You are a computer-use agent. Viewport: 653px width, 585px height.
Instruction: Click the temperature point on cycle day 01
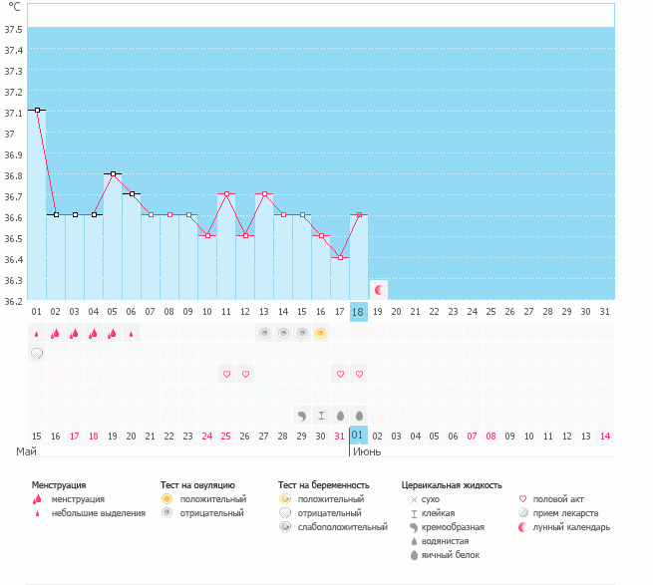tap(38, 110)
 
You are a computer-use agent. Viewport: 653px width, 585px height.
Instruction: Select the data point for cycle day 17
tap(340, 258)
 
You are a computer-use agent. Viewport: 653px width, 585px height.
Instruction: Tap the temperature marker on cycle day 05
tap(113, 173)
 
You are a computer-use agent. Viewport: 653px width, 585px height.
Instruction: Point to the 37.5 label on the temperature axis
tap(13, 30)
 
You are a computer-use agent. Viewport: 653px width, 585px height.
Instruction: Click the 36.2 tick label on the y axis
tap(13, 301)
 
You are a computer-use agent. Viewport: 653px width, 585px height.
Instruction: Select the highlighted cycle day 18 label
tap(358, 312)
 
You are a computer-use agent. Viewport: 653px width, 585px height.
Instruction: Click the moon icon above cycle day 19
tap(379, 290)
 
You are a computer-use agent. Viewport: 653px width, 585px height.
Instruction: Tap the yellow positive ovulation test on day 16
tap(320, 333)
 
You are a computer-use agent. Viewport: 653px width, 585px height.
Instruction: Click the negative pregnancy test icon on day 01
tap(37, 354)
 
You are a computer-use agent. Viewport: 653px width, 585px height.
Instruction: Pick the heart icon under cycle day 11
tap(226, 374)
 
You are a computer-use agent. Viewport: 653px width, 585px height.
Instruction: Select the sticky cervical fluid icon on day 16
tap(321, 416)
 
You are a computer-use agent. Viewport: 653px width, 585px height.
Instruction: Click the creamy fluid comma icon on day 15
tap(302, 416)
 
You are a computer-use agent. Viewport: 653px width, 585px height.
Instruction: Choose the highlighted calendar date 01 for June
tap(358, 436)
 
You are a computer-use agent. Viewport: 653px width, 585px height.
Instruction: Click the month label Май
tap(26, 451)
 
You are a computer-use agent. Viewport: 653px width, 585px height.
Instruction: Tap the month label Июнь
tap(367, 451)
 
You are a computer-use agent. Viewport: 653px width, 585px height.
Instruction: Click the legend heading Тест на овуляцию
tap(197, 485)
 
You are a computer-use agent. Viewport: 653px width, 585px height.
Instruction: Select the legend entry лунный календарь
tap(571, 527)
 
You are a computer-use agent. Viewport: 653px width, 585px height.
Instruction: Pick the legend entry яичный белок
tap(451, 555)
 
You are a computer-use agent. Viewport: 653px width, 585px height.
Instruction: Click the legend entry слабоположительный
tap(342, 527)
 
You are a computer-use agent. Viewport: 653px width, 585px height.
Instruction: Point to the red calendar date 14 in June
tap(605, 436)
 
